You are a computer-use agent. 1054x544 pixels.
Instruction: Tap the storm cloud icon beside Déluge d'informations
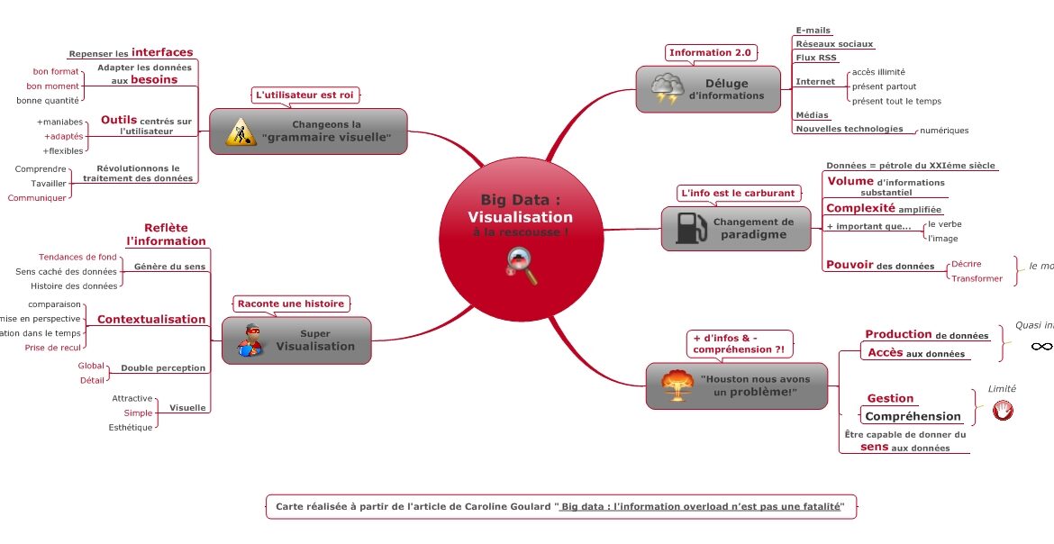[x=667, y=89]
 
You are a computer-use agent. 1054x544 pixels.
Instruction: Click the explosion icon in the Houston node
[x=677, y=385]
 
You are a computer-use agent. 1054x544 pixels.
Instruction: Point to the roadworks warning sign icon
[x=241, y=131]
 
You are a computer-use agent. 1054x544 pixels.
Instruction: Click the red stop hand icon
[x=1002, y=411]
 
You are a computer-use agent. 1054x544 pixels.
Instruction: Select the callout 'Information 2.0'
[x=710, y=52]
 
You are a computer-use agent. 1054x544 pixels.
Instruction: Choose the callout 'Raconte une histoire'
[x=290, y=304]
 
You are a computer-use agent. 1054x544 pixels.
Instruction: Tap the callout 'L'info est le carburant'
[x=738, y=193]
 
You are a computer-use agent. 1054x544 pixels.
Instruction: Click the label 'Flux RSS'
[x=816, y=58]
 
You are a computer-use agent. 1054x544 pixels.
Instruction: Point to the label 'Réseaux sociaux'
[x=833, y=44]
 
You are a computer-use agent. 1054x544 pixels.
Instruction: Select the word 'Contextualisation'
[x=151, y=319]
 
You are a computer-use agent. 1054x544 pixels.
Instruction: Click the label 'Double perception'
[x=163, y=367]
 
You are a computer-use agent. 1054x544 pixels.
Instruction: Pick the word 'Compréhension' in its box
[x=913, y=416]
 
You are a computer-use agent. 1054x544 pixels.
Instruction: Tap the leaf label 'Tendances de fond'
[x=77, y=257]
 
